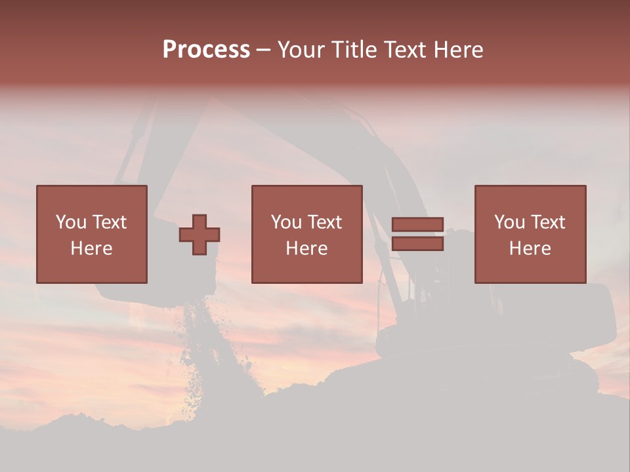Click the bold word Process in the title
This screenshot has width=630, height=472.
[x=206, y=50]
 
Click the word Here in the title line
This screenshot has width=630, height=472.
[x=457, y=50]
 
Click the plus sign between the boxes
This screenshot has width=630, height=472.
[x=199, y=235]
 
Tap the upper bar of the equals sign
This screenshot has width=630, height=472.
[x=417, y=225]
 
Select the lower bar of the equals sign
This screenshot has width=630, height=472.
[x=417, y=244]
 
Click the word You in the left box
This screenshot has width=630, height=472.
[x=71, y=222]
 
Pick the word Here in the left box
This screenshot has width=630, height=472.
[x=91, y=248]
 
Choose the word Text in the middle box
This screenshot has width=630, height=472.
[x=324, y=222]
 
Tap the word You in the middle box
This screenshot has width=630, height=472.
[x=286, y=222]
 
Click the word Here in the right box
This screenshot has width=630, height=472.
[x=530, y=248]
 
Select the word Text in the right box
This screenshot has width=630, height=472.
[x=547, y=222]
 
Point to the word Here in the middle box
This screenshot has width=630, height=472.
[x=306, y=248]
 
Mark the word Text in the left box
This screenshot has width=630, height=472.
[x=109, y=222]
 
